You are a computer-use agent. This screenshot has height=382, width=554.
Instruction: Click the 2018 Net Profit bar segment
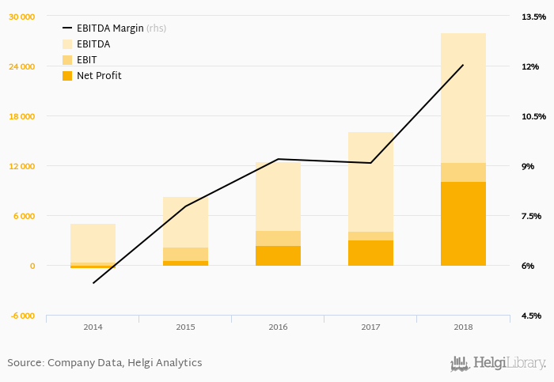coord(463,224)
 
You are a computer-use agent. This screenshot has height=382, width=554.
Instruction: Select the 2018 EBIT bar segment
coord(463,172)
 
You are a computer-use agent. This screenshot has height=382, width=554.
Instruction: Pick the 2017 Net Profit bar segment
coord(370,253)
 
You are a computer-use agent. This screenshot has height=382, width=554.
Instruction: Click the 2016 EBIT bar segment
coord(278,238)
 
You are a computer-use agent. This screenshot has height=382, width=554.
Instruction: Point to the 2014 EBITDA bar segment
coord(93,243)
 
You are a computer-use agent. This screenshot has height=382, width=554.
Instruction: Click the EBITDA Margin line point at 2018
coord(463,65)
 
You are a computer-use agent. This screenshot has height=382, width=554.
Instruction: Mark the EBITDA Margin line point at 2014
coord(93,283)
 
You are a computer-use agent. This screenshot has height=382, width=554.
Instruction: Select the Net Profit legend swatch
coord(66,76)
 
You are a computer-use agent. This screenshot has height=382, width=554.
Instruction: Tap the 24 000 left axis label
coord(22,66)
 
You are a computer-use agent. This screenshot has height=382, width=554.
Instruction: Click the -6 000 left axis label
coord(23,316)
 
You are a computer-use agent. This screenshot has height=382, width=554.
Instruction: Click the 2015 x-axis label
coord(185,327)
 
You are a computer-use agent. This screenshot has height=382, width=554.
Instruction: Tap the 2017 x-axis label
coord(370,327)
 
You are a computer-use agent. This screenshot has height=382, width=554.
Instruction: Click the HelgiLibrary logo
coord(498,363)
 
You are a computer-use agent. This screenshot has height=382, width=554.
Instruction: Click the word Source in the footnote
coord(25,363)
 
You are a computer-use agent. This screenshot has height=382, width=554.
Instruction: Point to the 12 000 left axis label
coord(22,166)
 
